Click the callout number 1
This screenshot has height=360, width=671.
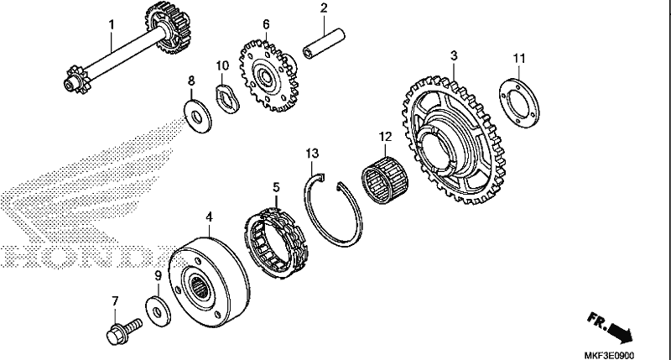pos(112,24)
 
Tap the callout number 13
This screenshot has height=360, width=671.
pos(312,154)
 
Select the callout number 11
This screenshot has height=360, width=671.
pos(519,58)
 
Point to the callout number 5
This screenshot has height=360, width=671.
pos(276,187)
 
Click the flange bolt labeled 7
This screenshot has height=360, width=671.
pos(123,329)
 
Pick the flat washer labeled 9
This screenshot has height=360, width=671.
pos(158,310)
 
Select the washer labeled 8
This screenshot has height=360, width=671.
pos(198,116)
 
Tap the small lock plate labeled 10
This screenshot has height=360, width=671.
pos(226,99)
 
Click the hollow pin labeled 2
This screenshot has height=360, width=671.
pos(324,44)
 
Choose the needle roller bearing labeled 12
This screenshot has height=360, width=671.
pos(385,174)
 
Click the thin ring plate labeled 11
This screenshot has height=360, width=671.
pos(519,103)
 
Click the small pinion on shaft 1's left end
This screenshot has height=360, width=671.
pos(78,80)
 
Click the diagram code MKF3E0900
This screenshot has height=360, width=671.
pos(610,355)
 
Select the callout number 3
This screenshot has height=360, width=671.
pos(454,55)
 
